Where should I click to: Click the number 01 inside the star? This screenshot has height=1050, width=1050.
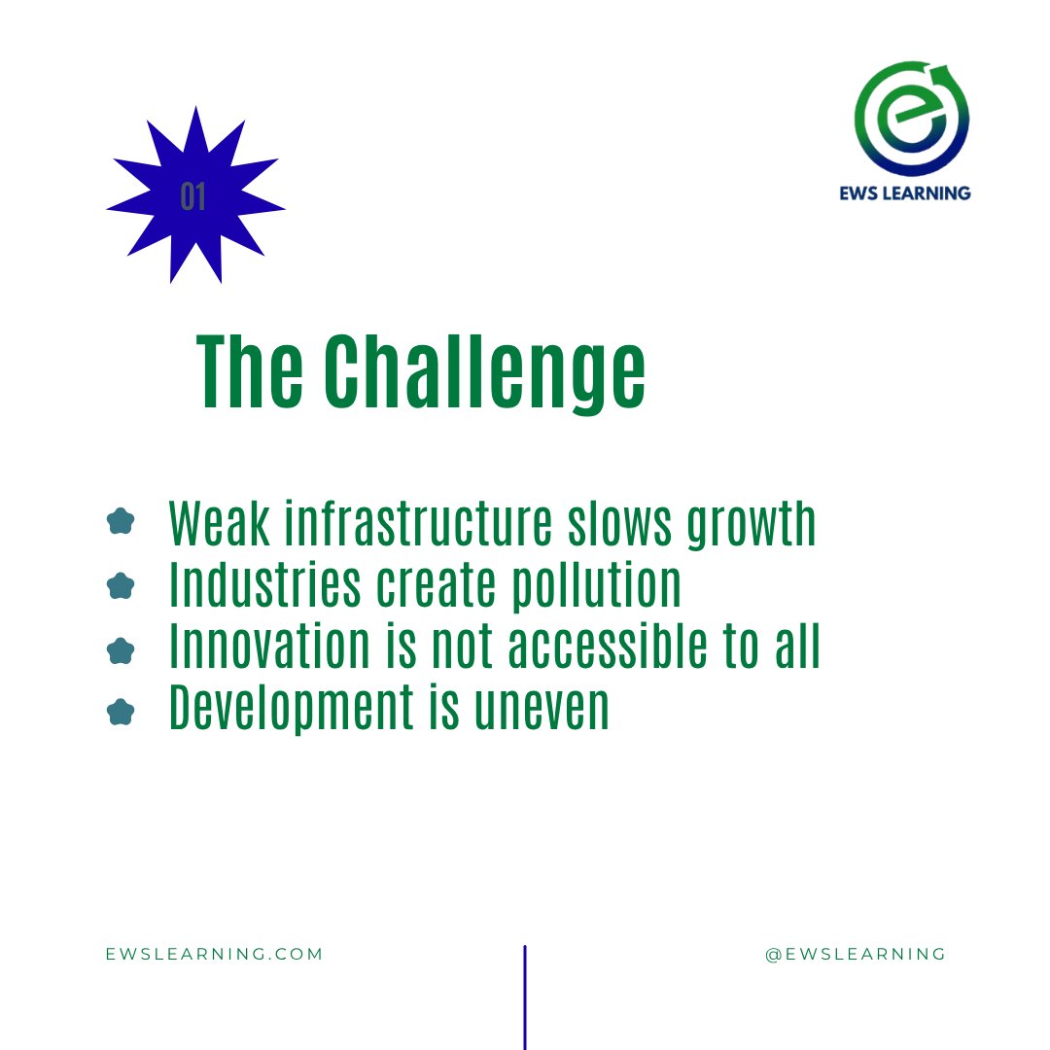click(x=193, y=197)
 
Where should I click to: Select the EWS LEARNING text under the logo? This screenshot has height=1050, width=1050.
click(x=905, y=192)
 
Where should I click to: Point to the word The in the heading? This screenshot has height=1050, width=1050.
click(x=249, y=373)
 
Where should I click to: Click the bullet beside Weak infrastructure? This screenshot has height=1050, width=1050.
click(x=120, y=522)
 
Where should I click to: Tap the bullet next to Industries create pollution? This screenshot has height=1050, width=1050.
click(x=120, y=586)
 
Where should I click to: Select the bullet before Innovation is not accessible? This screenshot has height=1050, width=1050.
click(x=120, y=649)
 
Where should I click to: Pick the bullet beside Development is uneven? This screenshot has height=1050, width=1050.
click(x=120, y=713)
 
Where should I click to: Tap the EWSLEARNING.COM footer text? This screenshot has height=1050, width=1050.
click(x=214, y=954)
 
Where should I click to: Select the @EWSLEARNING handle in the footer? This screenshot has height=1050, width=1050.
click(x=856, y=954)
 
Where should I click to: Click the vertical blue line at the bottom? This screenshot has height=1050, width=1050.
click(x=525, y=997)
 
